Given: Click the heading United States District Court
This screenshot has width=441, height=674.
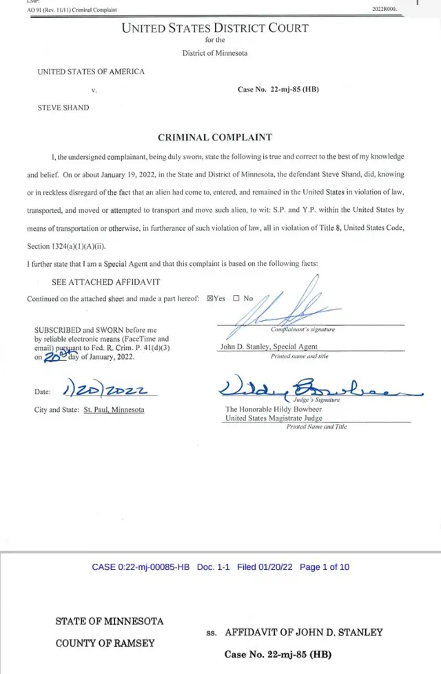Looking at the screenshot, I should (x=215, y=28).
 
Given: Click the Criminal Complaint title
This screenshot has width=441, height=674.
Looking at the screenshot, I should (x=215, y=137).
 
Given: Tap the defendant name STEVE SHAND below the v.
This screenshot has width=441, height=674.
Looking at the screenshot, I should (x=63, y=108).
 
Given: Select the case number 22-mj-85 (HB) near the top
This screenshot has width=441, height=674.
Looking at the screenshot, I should (x=278, y=90).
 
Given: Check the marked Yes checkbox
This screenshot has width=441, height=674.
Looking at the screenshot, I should (x=211, y=298).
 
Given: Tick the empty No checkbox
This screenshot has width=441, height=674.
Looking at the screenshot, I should (x=236, y=298).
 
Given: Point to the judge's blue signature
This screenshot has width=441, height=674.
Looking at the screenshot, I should (x=310, y=389).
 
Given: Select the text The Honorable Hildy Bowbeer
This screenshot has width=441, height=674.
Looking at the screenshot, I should (x=274, y=409).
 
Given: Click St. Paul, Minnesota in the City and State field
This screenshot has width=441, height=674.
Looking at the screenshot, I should (x=114, y=409).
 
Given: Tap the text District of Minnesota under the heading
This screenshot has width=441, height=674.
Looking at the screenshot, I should (x=215, y=53).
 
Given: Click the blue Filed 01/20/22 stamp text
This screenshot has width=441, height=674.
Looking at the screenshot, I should (x=265, y=567).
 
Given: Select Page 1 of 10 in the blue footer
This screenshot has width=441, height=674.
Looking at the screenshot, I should (x=325, y=567).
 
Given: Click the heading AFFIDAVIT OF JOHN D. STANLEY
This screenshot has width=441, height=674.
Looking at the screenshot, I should (x=304, y=632).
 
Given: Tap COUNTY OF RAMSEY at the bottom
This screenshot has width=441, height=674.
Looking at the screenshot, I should (x=105, y=643).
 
